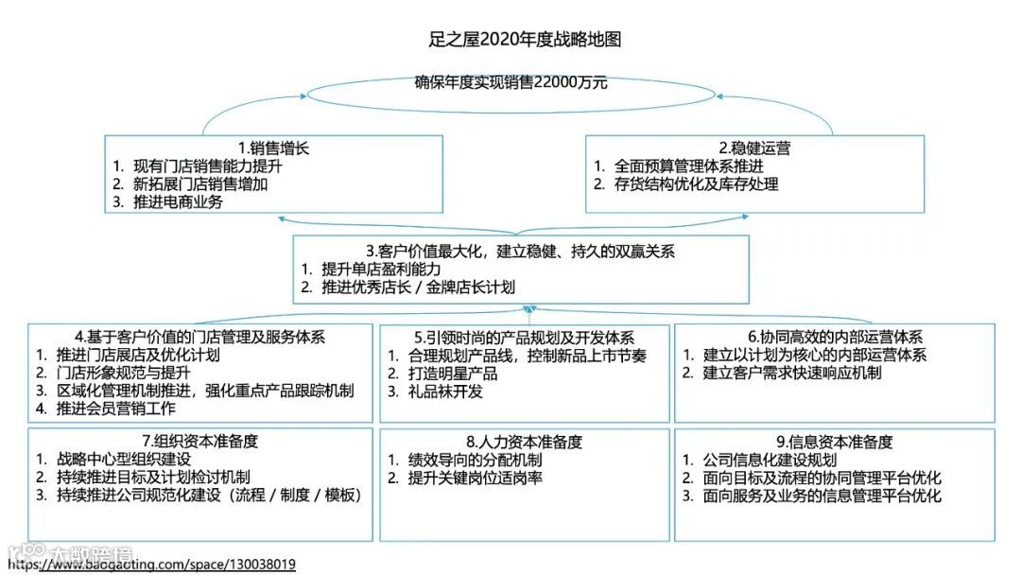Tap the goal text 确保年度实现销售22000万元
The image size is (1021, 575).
pos(510,82)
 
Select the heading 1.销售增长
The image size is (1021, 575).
pos(273,148)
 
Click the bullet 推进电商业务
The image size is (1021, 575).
pos(180,201)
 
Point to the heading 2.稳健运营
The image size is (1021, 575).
pos(754,148)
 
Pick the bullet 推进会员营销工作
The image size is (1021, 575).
pos(116,409)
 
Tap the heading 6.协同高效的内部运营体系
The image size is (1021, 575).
pos(835,337)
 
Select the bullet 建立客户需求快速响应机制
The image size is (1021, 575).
pos(792,373)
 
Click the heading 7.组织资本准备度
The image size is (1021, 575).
pos(200,441)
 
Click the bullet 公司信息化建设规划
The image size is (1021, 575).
pos(770,460)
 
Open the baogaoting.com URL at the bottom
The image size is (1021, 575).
pos(151,565)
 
